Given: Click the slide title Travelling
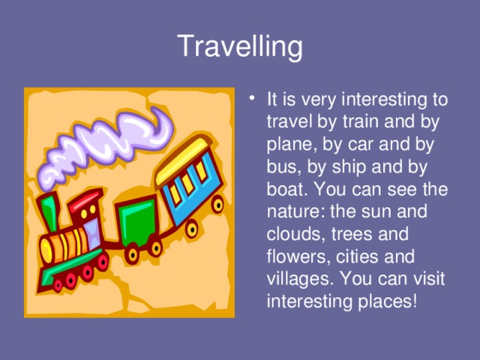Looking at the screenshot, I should click(240, 46).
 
